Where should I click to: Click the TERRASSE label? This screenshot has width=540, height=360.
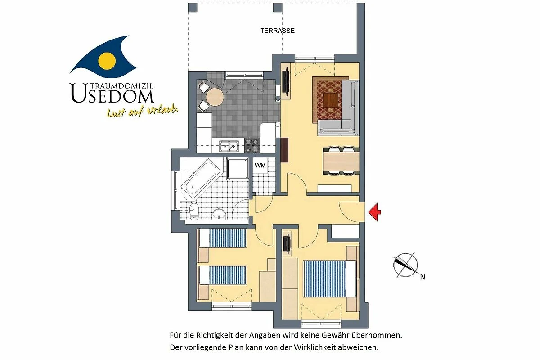click(277, 31)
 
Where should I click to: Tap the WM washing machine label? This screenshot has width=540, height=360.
click(260, 166)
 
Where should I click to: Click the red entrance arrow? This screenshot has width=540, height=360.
click(374, 212)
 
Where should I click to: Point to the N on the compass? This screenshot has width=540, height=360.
click(423, 277)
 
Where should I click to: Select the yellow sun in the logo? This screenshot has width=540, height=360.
click(107, 61)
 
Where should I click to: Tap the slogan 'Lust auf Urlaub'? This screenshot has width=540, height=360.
click(143, 112)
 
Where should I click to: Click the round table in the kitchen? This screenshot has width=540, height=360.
click(215, 97)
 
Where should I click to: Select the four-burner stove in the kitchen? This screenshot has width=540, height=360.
click(252, 145)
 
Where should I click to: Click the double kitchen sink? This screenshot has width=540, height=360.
click(229, 146)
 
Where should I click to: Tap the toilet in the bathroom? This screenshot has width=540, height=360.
click(194, 211)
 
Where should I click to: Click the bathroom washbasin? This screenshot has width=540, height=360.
click(219, 214)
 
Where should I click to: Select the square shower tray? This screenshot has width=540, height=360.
click(238, 169)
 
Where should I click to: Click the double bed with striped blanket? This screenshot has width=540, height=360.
click(329, 279)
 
